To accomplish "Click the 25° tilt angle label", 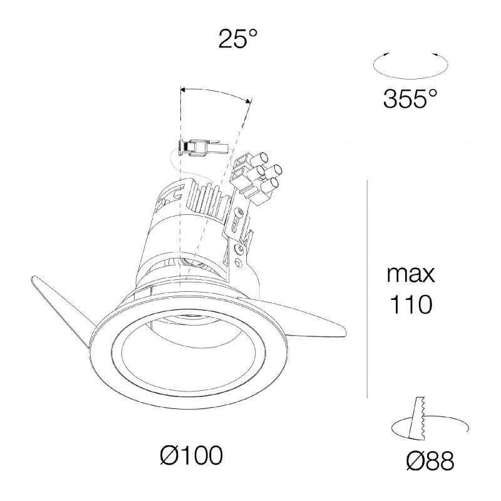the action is [238, 39].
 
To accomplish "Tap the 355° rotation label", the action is [410, 98].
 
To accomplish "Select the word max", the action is [411, 274].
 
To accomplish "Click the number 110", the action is [411, 304].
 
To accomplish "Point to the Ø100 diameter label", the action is [191, 455].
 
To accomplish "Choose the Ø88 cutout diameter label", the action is [430, 460].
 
